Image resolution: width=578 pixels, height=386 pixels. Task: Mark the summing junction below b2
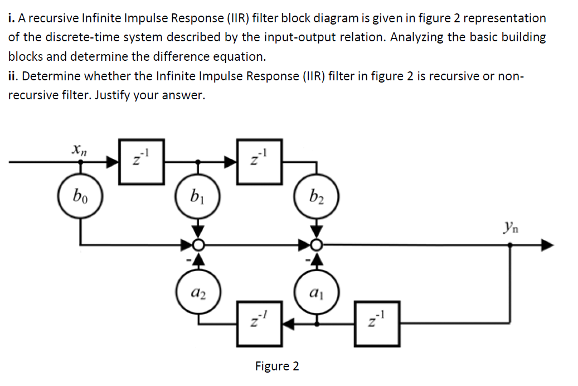coord(316,244)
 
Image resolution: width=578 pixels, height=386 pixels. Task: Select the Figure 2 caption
coord(276,366)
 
